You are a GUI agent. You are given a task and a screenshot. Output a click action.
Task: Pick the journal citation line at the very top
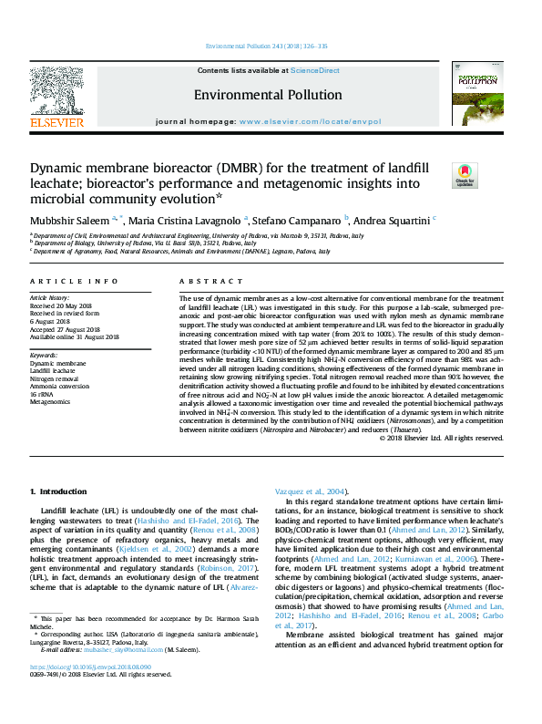(271, 46)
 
